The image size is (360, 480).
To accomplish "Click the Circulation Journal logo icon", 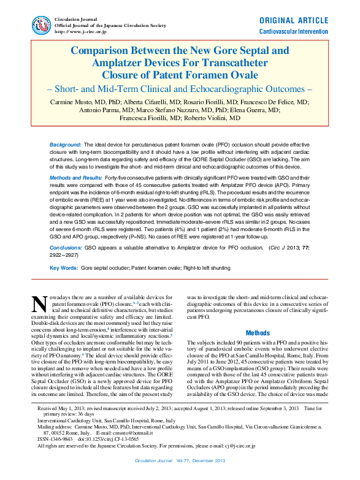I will [x=41, y=25].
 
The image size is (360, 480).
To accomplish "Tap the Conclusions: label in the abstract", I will [x=66, y=248].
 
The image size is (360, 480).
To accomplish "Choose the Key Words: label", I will [x=64, y=269].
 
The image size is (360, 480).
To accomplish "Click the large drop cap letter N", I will [x=40, y=304].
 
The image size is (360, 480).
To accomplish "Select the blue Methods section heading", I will [x=258, y=333].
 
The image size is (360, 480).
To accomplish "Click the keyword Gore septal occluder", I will [x=102, y=269].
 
